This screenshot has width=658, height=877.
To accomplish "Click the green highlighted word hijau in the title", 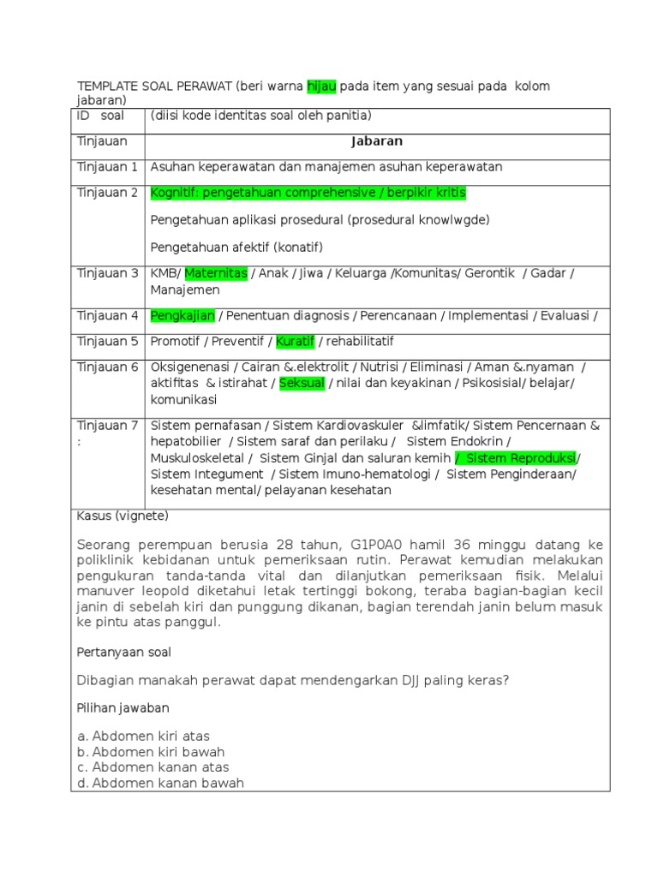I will click(322, 87).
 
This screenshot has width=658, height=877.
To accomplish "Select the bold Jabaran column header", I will click(375, 141).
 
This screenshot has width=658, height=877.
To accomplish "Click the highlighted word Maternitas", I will click(216, 273).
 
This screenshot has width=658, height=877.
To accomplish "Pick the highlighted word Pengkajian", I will click(182, 316).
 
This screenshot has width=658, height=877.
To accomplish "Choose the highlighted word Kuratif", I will click(296, 342).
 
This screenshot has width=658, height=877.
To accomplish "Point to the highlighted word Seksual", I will click(302, 384).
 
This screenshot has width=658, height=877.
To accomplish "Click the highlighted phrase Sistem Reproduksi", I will click(517, 457).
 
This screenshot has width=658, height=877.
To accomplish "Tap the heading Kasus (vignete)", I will click(123, 516).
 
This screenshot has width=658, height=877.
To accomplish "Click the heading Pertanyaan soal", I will click(124, 652).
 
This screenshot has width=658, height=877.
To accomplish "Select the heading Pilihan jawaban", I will click(123, 708).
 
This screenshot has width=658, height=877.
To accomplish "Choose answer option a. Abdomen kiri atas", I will click(143, 737).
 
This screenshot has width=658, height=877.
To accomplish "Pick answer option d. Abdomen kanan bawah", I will click(160, 783).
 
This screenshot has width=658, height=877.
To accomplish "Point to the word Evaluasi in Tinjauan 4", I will click(562, 316).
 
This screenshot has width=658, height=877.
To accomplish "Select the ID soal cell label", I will click(100, 116).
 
